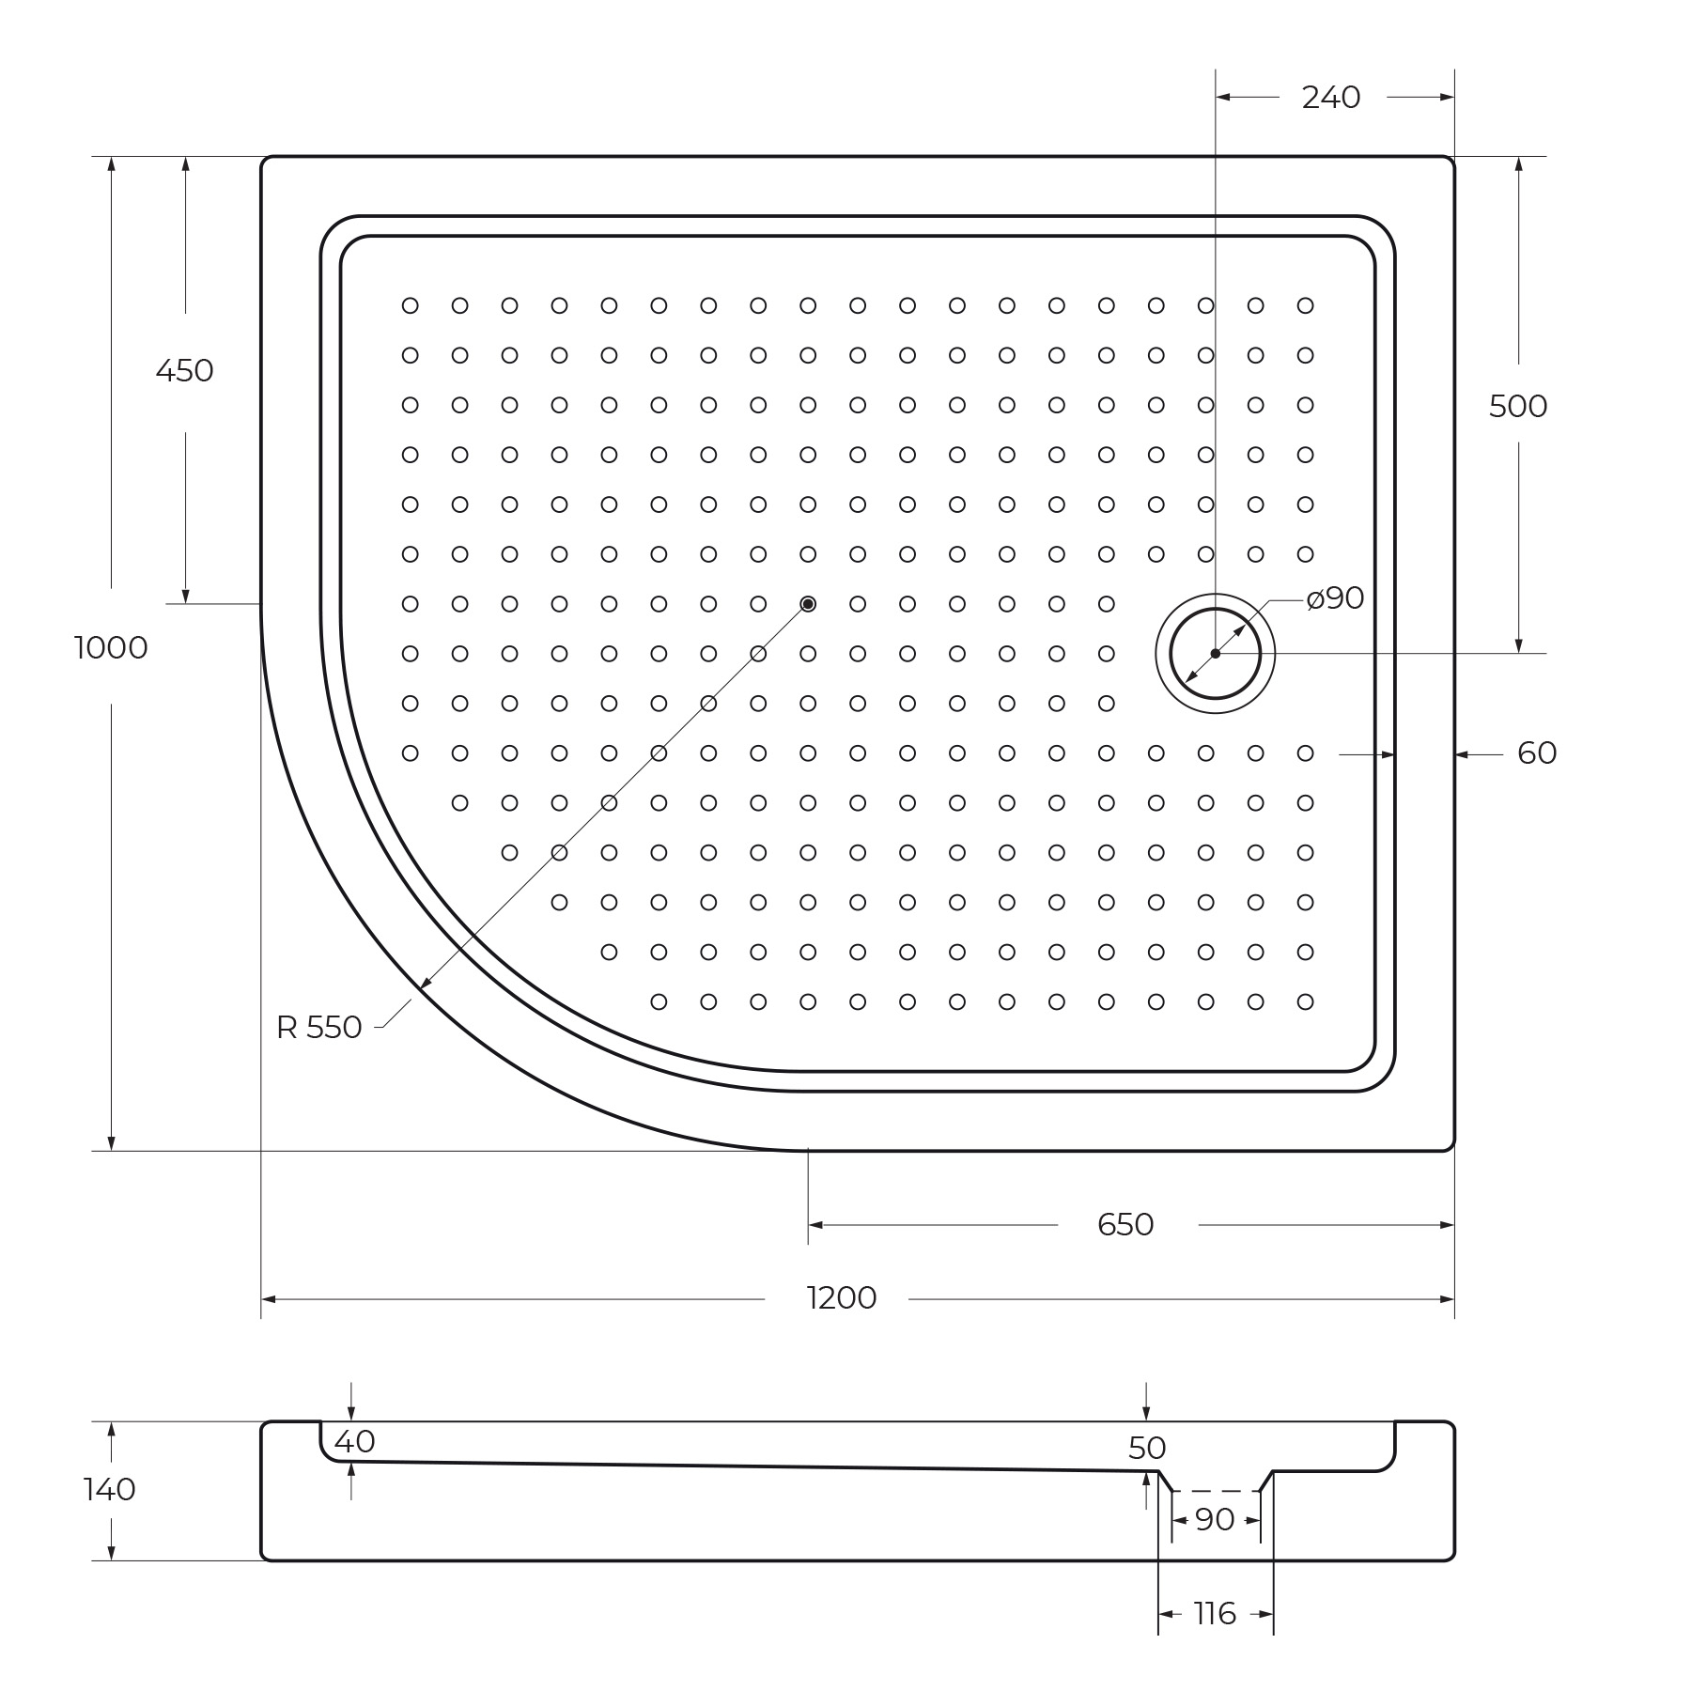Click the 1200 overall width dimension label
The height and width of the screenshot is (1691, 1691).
[x=841, y=1298]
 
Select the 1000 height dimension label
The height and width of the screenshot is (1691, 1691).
[x=111, y=648]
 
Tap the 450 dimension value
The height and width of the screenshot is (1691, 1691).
[x=184, y=371]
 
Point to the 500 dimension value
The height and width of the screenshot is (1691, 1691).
[x=1517, y=406]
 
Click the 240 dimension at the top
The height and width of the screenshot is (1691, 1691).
[x=1331, y=97]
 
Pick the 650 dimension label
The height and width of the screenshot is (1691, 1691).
[x=1125, y=1224]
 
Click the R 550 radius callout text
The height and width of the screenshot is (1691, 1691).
[x=318, y=1028]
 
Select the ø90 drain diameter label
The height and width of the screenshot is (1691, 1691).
[x=1335, y=597]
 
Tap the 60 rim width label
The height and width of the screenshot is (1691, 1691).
[x=1537, y=753]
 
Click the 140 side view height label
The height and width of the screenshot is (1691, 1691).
[x=110, y=1490]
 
